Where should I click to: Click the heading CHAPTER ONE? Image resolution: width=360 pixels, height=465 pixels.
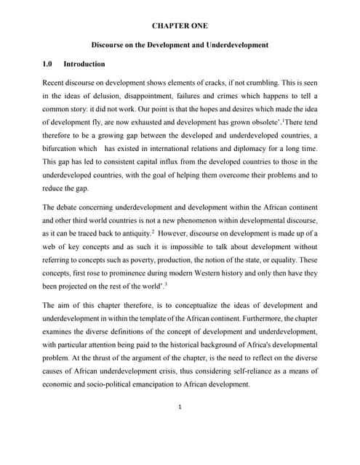click(x=180, y=25)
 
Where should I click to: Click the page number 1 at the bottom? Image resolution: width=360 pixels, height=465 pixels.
click(x=180, y=407)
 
